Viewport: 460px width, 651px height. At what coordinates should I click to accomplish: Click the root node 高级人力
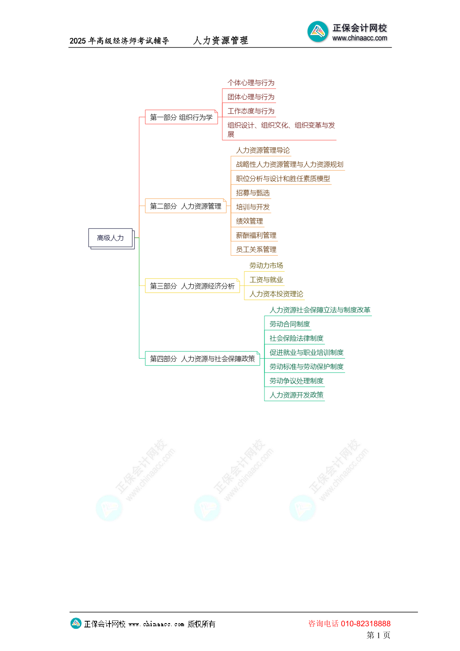click(111, 238)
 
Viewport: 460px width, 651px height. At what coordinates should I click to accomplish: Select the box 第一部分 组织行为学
click(182, 117)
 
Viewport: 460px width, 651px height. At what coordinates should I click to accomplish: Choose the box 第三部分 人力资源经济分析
click(192, 286)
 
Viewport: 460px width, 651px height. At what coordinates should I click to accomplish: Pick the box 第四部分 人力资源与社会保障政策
click(203, 359)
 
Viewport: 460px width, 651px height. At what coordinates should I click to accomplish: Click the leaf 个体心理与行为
click(251, 83)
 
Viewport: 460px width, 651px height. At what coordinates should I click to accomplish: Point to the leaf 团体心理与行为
click(251, 97)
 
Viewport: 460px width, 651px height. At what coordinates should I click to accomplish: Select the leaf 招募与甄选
click(253, 193)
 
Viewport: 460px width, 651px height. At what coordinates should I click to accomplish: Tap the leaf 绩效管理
click(249, 221)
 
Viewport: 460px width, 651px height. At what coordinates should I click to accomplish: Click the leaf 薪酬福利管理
click(256, 236)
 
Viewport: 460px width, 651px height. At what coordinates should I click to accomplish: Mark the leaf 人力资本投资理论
click(276, 294)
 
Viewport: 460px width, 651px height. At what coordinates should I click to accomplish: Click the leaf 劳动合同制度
click(290, 324)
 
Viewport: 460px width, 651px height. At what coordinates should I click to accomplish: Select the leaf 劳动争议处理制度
click(296, 381)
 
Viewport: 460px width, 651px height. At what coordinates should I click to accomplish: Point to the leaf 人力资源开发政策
click(296, 395)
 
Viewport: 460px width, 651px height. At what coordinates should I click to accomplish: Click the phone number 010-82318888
click(366, 624)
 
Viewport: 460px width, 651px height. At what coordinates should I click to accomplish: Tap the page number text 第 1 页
click(378, 635)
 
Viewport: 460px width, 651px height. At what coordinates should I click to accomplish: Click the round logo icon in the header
click(318, 31)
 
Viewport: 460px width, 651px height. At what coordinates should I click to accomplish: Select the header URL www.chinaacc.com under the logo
click(360, 38)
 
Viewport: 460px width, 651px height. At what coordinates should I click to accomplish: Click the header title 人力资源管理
click(221, 40)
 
